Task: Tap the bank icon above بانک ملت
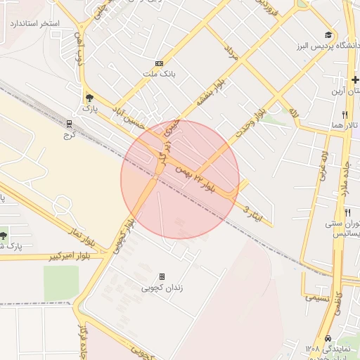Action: (159, 63)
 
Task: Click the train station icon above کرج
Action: (68, 122)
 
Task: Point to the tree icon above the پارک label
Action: (88, 98)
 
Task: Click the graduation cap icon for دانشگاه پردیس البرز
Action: (328, 35)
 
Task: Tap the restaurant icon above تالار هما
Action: (345, 114)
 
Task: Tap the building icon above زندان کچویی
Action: (162, 277)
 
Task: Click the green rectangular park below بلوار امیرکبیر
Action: (61, 282)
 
